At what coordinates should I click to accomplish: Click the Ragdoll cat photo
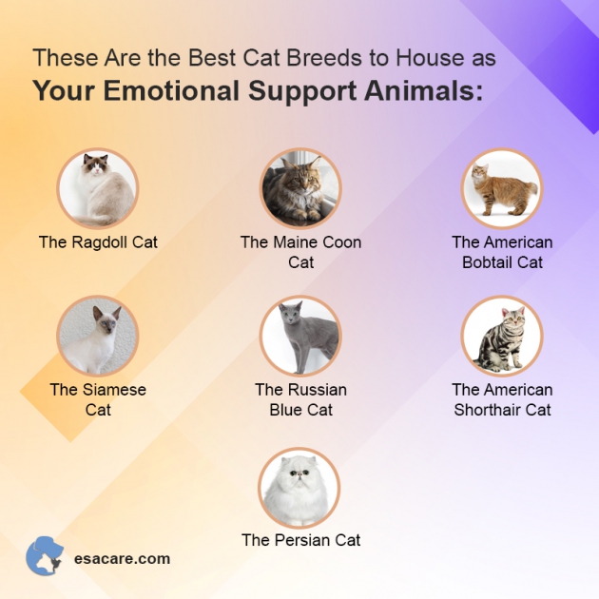[98, 188]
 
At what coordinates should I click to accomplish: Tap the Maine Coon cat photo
[300, 188]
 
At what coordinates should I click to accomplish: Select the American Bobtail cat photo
[502, 188]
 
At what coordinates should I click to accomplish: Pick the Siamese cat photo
[98, 336]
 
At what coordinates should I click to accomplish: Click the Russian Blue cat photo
[300, 336]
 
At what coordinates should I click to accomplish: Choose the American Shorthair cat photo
[502, 336]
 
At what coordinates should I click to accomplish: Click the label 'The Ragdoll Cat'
[98, 242]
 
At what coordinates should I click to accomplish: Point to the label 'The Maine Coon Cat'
[300, 252]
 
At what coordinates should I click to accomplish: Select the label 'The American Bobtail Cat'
[502, 252]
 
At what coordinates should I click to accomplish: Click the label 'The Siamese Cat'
[98, 399]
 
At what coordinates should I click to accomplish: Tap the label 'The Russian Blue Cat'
[300, 399]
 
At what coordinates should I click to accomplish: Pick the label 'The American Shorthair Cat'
[502, 399]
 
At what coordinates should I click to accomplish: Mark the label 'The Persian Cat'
[300, 540]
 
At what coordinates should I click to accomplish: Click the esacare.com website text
[122, 559]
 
